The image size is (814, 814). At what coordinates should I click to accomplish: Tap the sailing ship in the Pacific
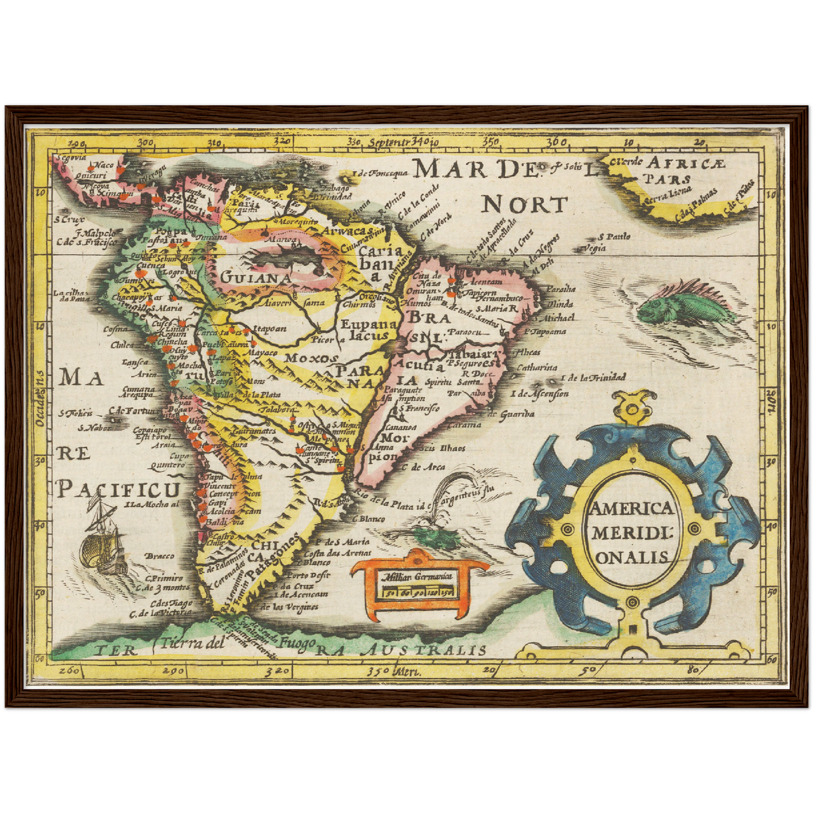point(102,539)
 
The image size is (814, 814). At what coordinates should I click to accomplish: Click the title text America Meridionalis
point(630,532)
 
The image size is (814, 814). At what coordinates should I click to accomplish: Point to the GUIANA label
point(256,278)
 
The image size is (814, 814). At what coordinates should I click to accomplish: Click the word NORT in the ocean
point(524,205)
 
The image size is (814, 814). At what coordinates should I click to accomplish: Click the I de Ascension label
point(539,393)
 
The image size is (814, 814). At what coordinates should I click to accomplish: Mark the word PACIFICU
point(119,490)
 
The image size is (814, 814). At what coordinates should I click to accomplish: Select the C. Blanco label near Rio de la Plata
point(368,519)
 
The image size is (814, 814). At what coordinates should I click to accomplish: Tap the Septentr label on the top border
point(389,142)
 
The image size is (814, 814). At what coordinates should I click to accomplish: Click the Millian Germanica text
point(419,576)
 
